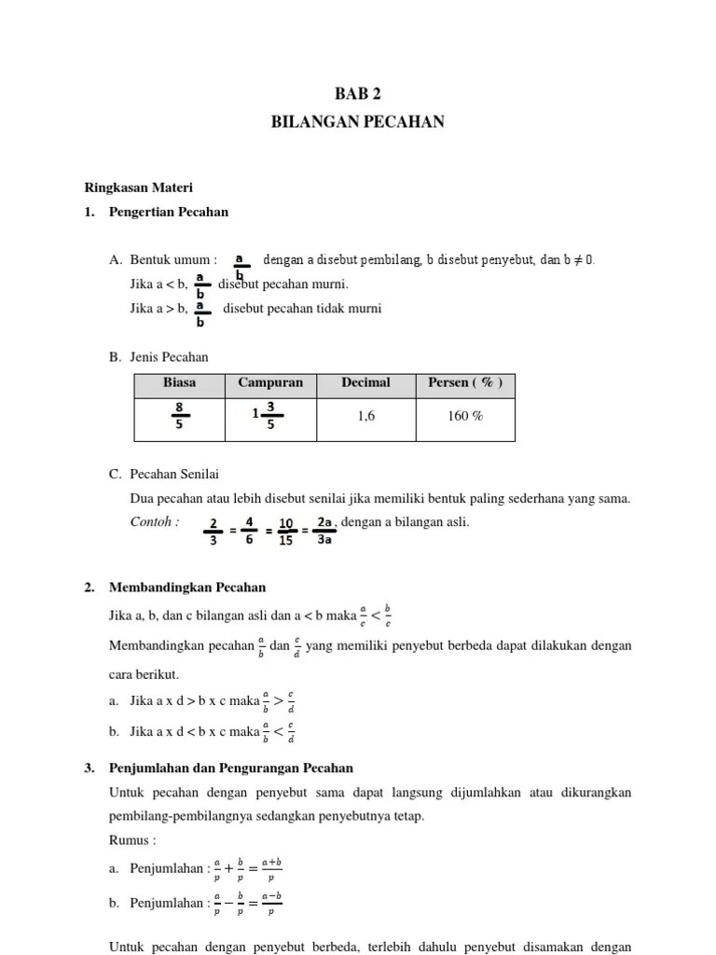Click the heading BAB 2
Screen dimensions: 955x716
pos(357,93)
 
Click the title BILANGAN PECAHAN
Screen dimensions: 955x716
pos(357,122)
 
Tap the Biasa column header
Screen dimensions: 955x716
pos(179,383)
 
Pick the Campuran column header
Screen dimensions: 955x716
pos(270,383)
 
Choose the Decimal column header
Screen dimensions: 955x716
pos(365,383)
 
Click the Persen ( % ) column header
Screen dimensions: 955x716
pos(464,383)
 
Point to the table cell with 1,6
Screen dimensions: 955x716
pos(365,417)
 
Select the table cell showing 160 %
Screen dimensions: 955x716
pos(464,417)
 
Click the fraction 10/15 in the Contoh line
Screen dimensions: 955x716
pos(286,531)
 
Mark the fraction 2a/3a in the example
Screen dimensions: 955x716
pos(324,529)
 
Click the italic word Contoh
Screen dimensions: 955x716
pos(154,522)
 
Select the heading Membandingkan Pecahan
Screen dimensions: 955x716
pos(187,588)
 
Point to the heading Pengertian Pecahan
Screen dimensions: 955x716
pos(168,213)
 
